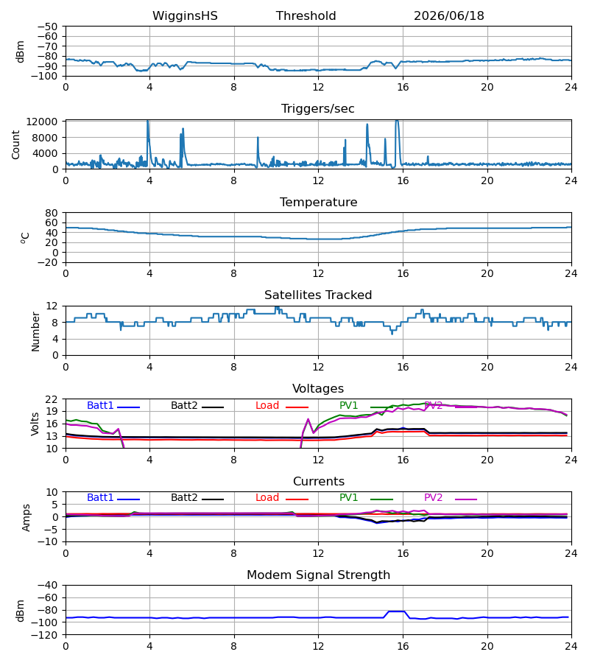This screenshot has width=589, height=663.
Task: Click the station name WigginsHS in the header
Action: (x=185, y=16)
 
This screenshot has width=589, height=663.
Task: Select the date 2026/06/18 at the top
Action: (x=448, y=16)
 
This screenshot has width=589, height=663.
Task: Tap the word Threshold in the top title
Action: (x=306, y=16)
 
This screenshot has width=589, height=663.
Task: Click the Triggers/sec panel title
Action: (x=318, y=109)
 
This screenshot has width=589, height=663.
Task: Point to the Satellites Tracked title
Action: (x=318, y=295)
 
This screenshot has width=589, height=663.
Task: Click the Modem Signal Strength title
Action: (x=318, y=575)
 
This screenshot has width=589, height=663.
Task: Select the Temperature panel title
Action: (x=318, y=202)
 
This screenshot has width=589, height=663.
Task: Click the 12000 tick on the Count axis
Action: (x=42, y=122)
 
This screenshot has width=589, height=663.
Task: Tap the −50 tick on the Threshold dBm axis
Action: (x=47, y=27)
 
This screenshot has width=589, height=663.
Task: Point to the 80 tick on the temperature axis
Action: (x=52, y=213)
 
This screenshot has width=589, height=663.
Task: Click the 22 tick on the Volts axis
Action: (x=52, y=399)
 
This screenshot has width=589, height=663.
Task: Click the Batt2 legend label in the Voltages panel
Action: (x=184, y=405)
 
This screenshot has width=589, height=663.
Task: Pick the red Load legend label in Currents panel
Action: (x=267, y=498)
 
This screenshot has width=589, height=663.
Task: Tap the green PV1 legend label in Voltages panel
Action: (x=348, y=405)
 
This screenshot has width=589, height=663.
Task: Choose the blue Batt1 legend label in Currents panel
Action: (x=100, y=498)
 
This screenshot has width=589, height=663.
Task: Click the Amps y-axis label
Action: (x=27, y=518)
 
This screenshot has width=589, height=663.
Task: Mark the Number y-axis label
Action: (x=35, y=331)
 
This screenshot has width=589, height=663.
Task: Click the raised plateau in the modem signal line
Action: (x=397, y=611)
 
